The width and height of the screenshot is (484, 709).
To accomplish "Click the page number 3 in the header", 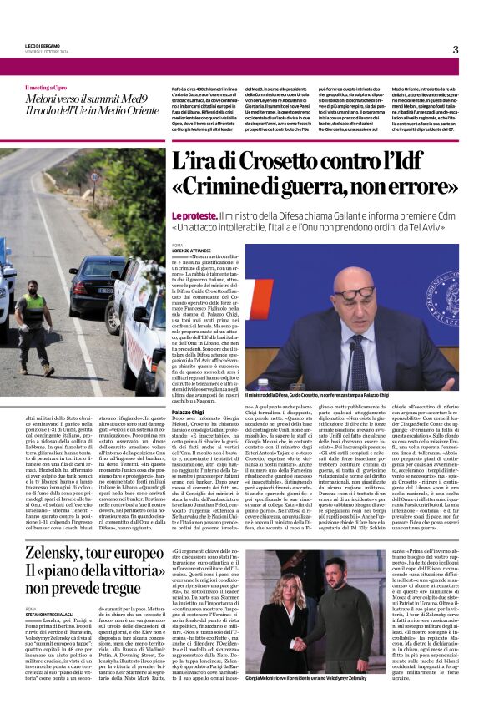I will tap(456, 49).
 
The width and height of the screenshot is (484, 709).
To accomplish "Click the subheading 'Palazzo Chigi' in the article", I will tap(188, 412).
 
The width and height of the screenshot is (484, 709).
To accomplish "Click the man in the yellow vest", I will tap(33, 322).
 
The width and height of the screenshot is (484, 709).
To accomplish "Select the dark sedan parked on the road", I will tap(93, 276).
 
